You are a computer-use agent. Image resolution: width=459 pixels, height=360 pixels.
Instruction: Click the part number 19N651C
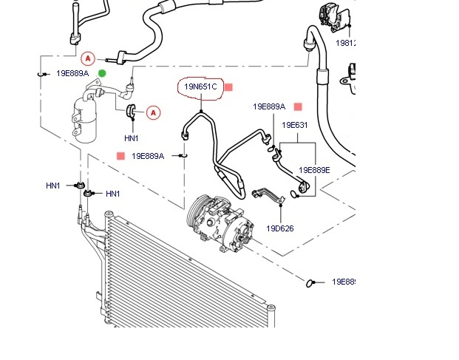[x=200, y=87]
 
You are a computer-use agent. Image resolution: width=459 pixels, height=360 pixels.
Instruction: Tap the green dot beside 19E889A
[x=102, y=72]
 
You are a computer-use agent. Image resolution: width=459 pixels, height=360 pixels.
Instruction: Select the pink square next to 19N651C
[x=228, y=87]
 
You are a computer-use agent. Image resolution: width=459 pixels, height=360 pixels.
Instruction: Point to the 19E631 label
[x=294, y=125]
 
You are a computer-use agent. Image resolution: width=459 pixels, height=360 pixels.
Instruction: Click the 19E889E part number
[x=314, y=170]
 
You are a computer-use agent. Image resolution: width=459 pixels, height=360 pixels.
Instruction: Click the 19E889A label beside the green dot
[x=72, y=73]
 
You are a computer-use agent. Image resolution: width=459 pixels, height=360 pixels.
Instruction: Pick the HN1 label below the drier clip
[x=132, y=138]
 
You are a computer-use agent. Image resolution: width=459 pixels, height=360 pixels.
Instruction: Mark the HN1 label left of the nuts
[x=53, y=186]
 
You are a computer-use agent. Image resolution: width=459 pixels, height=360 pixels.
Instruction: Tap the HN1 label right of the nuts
[x=112, y=194]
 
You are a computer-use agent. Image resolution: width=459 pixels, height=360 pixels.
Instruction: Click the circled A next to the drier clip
[x=153, y=112]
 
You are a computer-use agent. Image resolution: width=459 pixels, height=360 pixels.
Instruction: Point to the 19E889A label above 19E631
[x=269, y=106]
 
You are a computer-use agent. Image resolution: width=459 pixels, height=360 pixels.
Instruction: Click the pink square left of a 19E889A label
[x=120, y=156]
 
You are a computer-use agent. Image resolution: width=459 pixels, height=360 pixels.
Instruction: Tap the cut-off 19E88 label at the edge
[x=344, y=282]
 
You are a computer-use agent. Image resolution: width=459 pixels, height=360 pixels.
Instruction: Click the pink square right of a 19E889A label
[x=298, y=106]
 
